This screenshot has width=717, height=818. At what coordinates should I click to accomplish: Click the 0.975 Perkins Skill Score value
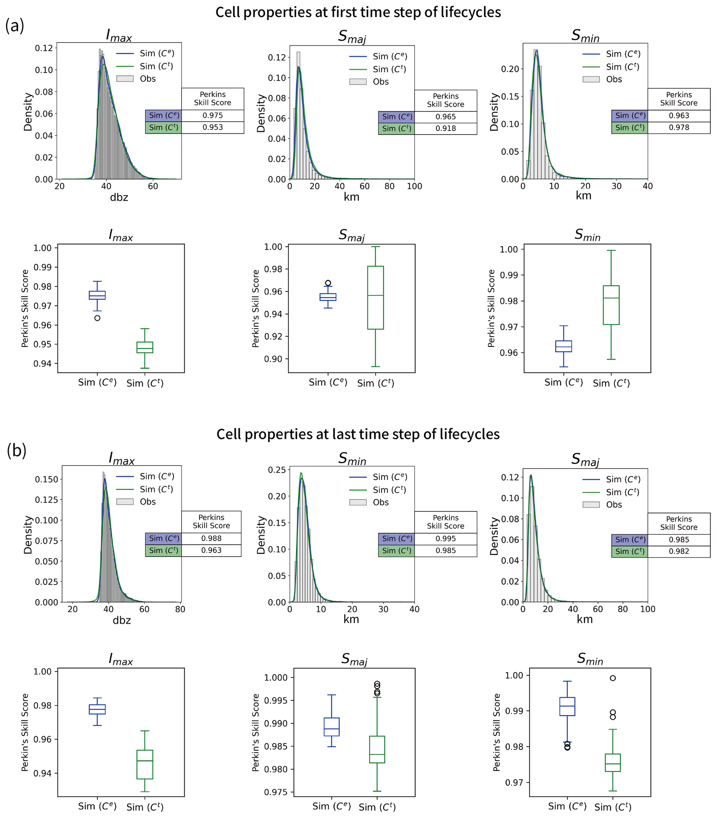[212, 115]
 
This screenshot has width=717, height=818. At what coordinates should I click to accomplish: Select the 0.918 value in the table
[445, 128]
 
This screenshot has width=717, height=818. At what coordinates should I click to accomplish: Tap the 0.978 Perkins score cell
[678, 128]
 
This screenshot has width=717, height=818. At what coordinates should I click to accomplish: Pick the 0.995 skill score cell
[445, 539]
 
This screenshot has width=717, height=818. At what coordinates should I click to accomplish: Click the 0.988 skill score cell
[211, 538]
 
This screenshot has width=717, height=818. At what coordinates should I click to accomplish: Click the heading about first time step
[358, 12]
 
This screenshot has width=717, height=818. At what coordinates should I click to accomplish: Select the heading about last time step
[358, 434]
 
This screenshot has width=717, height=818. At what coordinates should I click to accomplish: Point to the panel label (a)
[15, 26]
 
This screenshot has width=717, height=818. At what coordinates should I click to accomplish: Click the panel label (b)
[16, 450]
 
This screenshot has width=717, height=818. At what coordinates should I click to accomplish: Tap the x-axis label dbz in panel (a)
[119, 197]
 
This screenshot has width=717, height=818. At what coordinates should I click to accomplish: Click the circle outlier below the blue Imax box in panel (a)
[97, 318]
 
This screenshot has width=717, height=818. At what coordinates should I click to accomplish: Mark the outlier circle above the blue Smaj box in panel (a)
[328, 283]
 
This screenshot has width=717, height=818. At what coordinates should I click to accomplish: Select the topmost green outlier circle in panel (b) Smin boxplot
[613, 678]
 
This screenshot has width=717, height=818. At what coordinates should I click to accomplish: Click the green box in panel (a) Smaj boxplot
[375, 298]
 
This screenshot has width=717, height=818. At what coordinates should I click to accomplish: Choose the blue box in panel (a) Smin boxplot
[563, 346]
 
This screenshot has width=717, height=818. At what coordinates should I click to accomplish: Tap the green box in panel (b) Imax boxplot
[145, 764]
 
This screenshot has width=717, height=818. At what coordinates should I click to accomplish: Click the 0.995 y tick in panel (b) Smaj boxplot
[276, 700]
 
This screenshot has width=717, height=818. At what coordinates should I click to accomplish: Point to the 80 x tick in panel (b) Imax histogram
[180, 609]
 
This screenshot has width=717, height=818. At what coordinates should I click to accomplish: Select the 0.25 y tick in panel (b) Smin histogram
[277, 470]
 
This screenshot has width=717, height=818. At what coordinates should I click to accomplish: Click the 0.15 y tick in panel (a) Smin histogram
[510, 96]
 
